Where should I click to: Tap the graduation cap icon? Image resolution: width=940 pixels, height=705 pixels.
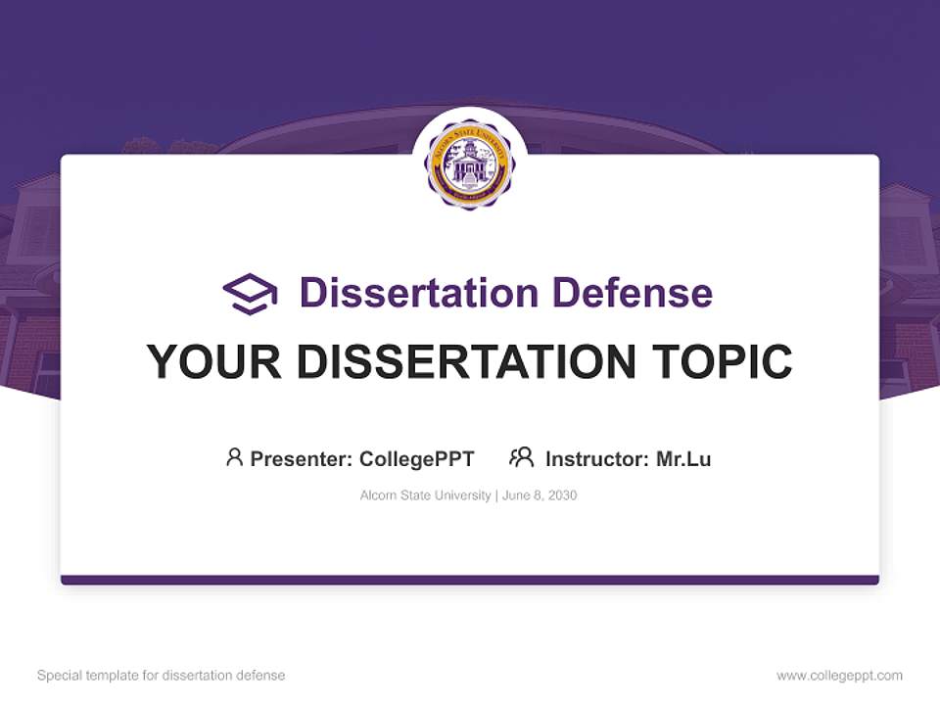[250, 294]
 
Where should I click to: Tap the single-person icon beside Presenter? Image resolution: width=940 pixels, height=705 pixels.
[234, 457]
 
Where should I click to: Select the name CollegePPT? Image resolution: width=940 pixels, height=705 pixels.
[416, 458]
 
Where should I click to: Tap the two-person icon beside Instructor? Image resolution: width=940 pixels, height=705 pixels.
[521, 457]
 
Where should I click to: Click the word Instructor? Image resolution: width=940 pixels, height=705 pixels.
[596, 458]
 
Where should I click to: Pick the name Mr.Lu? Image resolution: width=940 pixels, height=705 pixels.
[683, 458]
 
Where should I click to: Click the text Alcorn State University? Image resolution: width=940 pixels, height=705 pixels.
[425, 495]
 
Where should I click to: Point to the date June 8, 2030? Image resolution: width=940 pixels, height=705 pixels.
[540, 495]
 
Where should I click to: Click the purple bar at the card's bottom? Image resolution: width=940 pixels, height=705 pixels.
[470, 580]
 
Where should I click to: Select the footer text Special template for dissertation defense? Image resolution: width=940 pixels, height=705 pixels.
[161, 676]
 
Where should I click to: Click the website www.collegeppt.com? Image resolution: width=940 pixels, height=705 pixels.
[839, 676]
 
